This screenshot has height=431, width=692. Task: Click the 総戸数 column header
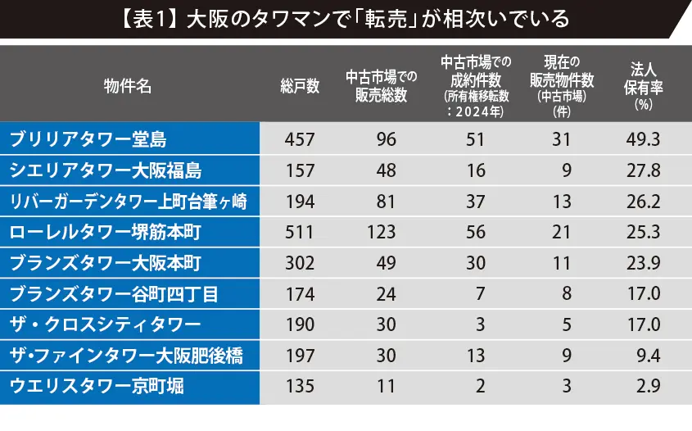[x=300, y=86]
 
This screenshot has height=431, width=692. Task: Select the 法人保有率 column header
[x=641, y=86]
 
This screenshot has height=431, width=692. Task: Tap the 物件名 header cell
[x=128, y=86]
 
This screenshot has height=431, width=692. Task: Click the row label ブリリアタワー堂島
[x=88, y=139]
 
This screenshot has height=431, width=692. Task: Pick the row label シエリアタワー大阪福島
[x=105, y=170]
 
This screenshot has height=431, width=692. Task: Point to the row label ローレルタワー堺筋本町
[x=106, y=233]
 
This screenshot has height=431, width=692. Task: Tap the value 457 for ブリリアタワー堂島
[x=300, y=139]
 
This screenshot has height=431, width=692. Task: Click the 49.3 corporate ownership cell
[x=642, y=139]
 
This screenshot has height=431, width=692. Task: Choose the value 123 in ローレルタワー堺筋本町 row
[x=381, y=233]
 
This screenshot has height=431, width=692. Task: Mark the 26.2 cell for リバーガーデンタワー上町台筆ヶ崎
[x=642, y=202]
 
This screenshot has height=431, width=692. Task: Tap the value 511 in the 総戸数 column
[x=300, y=233]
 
